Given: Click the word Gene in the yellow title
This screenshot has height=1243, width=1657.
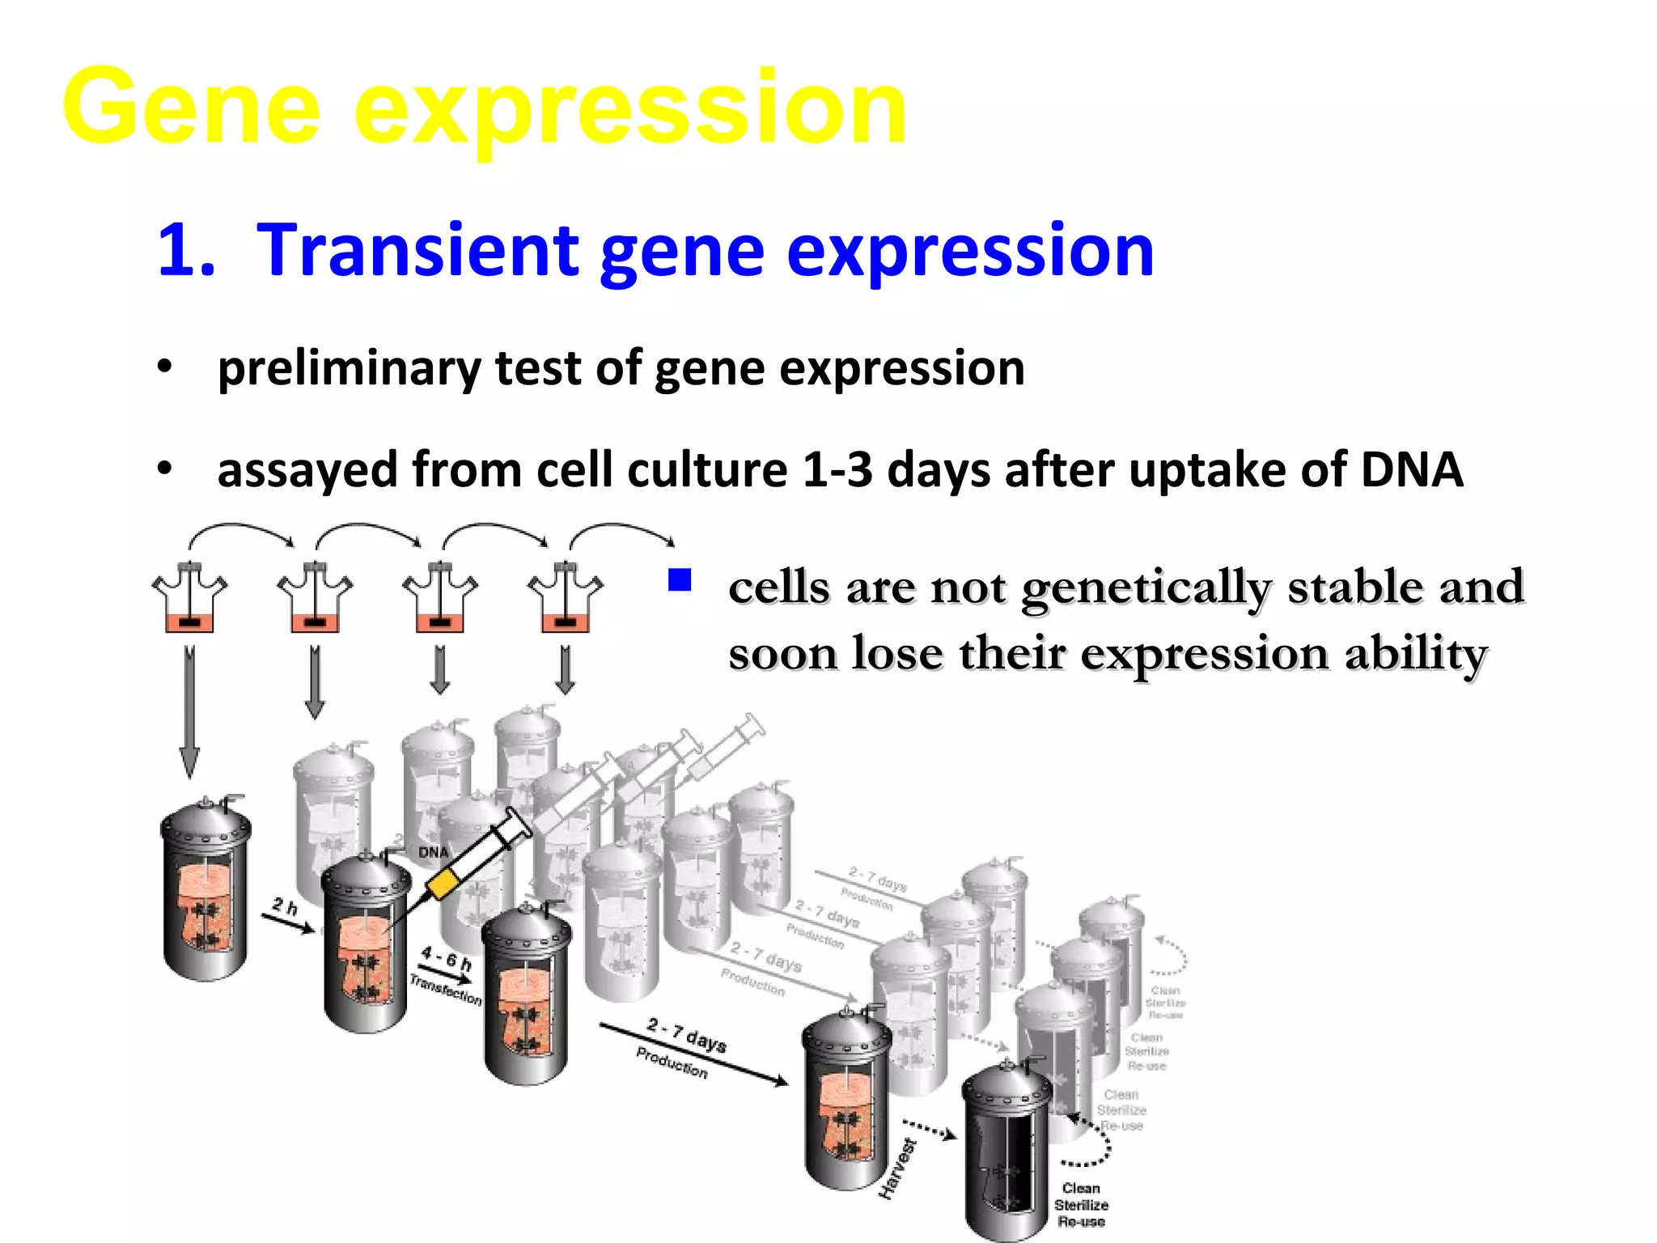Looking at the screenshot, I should [192, 108].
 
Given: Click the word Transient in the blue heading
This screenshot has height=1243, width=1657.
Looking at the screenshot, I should [417, 251].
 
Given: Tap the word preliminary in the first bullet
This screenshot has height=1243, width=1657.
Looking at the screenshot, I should [349, 368].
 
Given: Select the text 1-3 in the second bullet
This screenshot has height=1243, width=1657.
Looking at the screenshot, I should [837, 470].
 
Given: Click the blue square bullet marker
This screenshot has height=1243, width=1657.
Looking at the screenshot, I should [679, 580].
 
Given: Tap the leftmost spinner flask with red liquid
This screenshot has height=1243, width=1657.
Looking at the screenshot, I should [189, 600].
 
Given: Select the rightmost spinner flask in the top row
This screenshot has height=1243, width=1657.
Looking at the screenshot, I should [565, 600].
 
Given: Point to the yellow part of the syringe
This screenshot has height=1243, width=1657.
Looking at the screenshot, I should [443, 884].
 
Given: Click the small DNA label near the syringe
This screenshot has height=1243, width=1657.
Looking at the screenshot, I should [433, 852].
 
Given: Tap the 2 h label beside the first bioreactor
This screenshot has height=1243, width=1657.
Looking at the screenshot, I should [285, 906].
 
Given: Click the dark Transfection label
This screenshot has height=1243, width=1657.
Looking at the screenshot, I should [445, 990].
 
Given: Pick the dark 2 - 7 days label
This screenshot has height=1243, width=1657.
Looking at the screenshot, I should [686, 1035].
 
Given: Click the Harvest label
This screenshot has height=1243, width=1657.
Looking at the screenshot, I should [898, 1168].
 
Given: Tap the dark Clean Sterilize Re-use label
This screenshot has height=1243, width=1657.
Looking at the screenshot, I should [1081, 1205].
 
